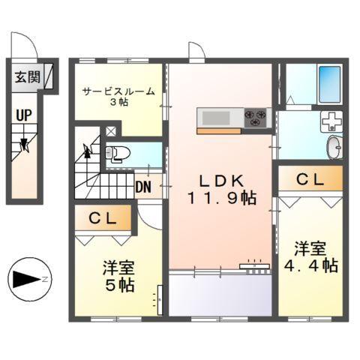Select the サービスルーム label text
pos(118,91)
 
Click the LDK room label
pos(217,180)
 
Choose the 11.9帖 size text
pos(222,199)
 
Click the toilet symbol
pos(118,154)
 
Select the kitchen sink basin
pos(217,117)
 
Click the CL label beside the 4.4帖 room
pos(310,179)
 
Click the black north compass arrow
pos(26,280)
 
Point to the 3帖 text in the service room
pos(118,103)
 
